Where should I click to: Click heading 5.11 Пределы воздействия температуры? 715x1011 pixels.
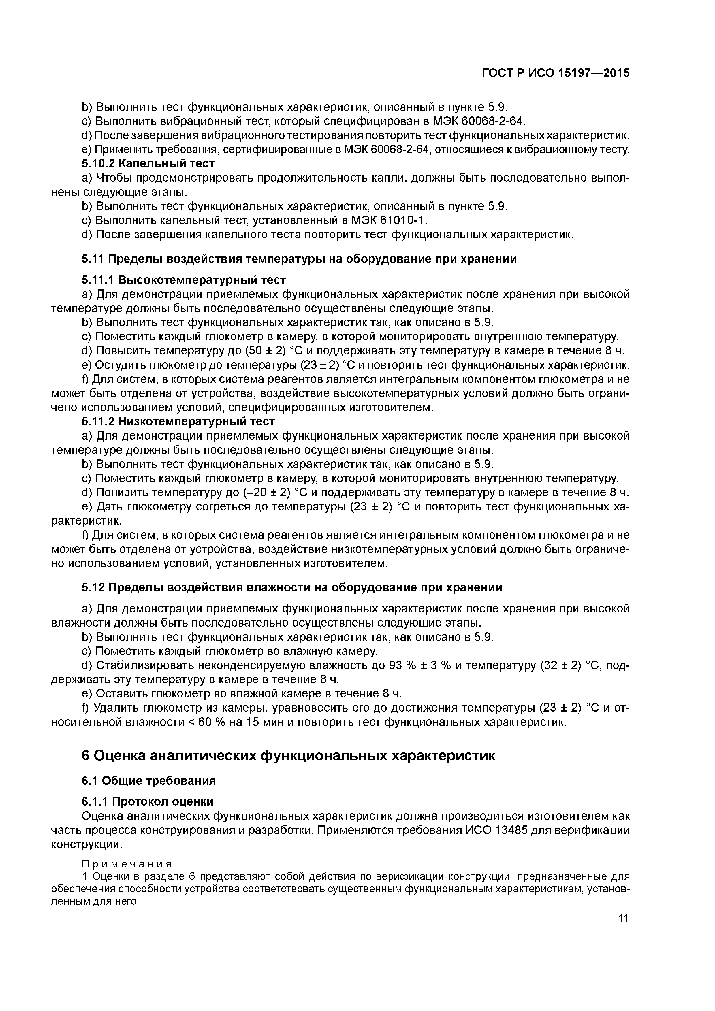tap(299, 259)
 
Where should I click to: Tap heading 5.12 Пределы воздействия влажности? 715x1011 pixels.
tap(292, 588)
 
